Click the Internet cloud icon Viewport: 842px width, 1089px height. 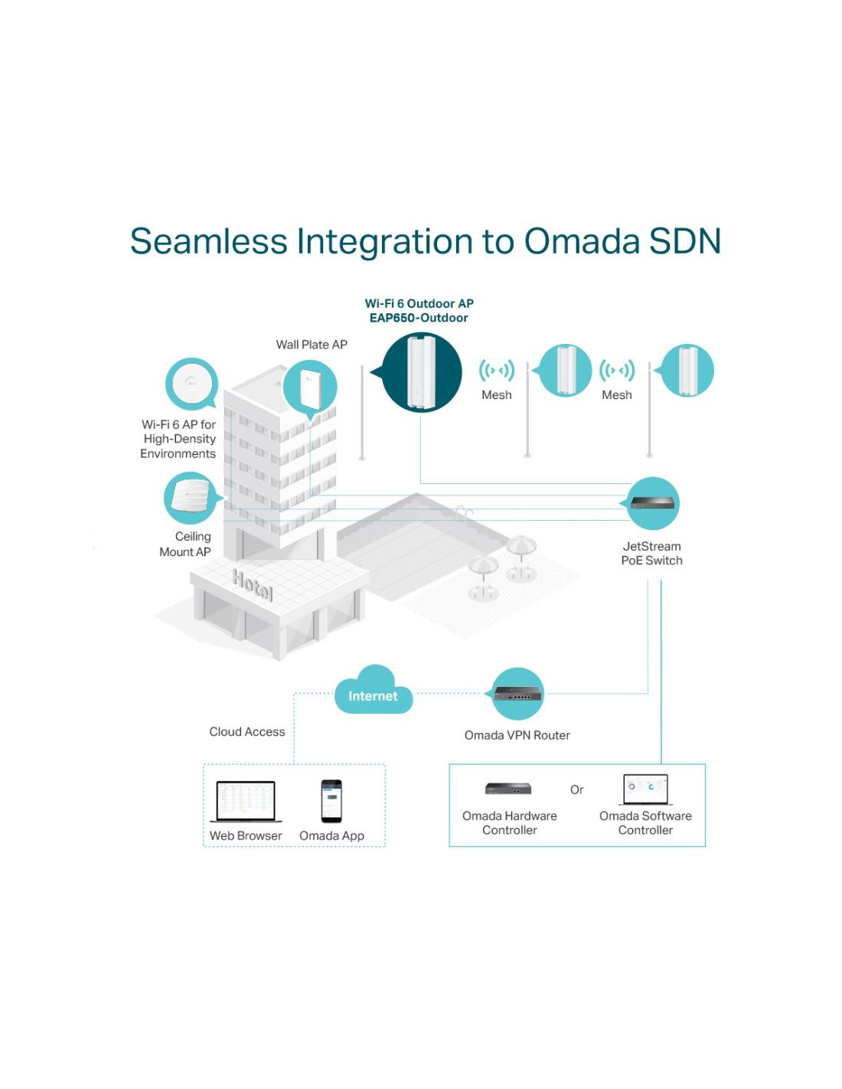click(373, 689)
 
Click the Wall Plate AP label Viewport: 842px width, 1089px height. click(312, 345)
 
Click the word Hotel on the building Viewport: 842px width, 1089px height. click(253, 585)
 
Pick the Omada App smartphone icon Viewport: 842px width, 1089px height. click(331, 800)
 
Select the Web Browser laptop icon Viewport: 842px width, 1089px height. click(246, 801)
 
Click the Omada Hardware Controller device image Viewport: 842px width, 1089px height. click(508, 788)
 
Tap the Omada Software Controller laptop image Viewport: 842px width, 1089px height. click(645, 790)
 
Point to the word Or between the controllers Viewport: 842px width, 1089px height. click(576, 790)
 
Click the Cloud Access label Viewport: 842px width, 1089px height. click(247, 731)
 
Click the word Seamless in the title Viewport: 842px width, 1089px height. click(209, 241)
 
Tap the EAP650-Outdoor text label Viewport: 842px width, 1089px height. click(419, 318)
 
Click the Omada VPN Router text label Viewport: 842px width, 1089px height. click(517, 735)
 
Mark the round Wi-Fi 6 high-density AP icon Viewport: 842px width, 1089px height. click(192, 384)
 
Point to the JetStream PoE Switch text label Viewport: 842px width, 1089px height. click(651, 553)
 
